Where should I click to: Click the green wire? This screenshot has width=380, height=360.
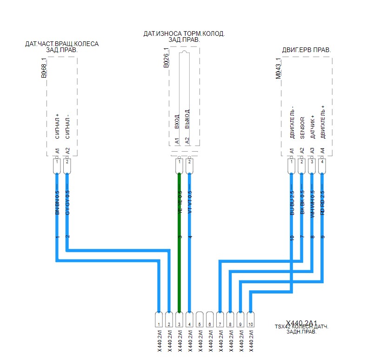tap(179, 242)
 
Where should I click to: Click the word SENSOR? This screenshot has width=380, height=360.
tap(302, 128)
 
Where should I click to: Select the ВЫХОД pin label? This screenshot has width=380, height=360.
tap(187, 119)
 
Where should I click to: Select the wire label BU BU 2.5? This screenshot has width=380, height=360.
tap(292, 203)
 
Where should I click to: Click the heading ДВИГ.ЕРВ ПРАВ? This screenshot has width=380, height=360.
tap(307, 50)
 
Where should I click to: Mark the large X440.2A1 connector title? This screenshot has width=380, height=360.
tap(301, 323)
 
